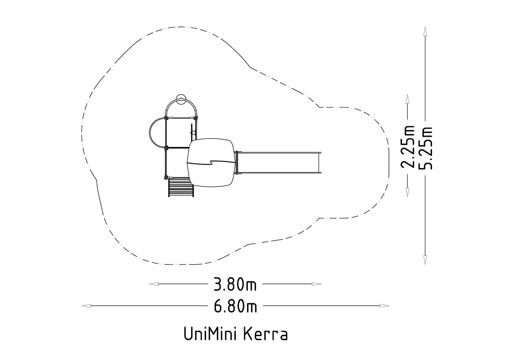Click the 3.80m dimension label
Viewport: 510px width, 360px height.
click(235, 285)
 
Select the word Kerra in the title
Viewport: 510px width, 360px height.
click(266, 334)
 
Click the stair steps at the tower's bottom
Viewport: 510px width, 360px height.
click(181, 187)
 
